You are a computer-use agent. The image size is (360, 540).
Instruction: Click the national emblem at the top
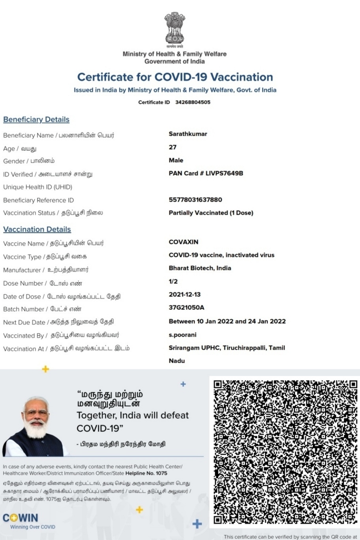[174, 28]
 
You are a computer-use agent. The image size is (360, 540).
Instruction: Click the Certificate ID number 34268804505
[193, 102]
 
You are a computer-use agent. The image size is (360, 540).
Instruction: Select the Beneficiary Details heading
[36, 120]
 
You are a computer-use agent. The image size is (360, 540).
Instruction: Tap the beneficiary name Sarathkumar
[188, 134]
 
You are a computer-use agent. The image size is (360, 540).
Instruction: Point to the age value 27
[172, 147]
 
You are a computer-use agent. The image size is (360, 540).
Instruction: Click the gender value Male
[176, 160]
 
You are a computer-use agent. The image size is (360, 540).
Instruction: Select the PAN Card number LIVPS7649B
[224, 173]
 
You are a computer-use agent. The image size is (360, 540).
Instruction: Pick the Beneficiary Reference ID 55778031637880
[195, 200]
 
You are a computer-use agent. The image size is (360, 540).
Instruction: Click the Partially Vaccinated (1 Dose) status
[211, 213]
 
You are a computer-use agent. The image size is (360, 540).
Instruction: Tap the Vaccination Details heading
[37, 229]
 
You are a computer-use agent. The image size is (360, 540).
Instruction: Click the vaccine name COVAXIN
[184, 242]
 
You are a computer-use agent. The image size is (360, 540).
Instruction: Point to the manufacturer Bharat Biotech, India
[200, 268]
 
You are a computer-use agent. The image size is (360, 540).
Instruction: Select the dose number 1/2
[173, 281]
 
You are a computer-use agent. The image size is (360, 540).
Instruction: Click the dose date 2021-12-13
[185, 294]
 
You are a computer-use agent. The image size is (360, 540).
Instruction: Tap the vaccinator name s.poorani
[182, 335]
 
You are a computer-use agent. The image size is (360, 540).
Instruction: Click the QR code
[285, 452]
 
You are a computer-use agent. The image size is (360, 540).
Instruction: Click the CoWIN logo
[21, 518]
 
